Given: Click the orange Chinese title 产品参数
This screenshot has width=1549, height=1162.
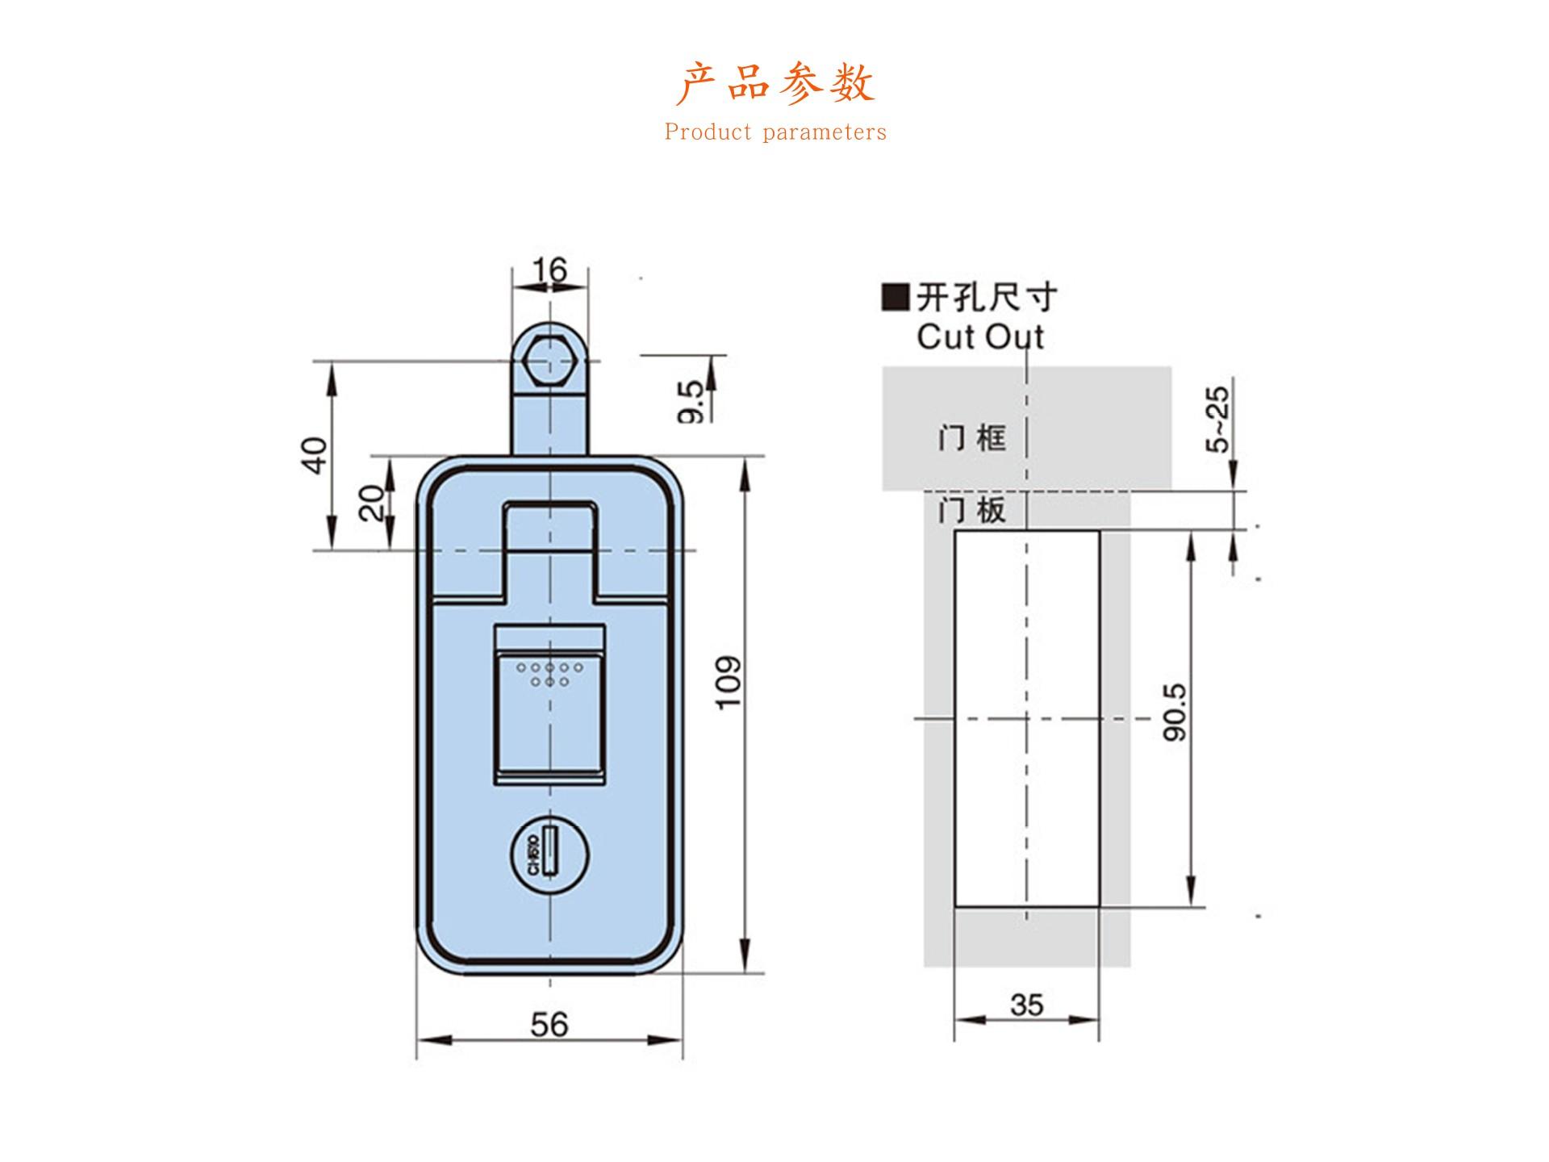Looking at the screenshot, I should [x=774, y=83].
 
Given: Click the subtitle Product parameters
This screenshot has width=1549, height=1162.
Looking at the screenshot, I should [x=775, y=132].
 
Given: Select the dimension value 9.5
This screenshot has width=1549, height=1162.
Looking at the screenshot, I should [x=691, y=401].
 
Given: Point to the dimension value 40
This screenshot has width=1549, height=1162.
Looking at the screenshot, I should [x=316, y=455].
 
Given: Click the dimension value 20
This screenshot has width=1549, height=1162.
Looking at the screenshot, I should [x=372, y=503].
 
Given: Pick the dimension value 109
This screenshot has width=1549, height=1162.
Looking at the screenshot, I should [x=729, y=683].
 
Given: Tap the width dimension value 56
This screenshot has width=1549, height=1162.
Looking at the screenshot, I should [x=549, y=1025].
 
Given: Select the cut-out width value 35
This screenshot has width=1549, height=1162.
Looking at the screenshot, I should [x=1026, y=1005].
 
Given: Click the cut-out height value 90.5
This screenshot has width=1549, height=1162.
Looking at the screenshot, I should [x=1175, y=712].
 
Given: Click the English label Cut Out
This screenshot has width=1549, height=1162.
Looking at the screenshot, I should [x=980, y=336].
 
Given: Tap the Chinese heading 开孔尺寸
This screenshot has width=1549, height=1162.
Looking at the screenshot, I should [x=986, y=299].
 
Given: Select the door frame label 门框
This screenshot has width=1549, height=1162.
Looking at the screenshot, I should [x=971, y=438].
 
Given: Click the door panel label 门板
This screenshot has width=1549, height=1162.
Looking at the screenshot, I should [x=971, y=510].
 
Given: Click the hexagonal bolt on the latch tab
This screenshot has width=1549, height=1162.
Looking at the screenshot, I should [x=549, y=360].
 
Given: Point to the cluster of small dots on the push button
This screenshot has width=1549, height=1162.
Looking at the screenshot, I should [x=549, y=675].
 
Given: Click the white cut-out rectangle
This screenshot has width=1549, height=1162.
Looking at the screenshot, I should [x=1026, y=718].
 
